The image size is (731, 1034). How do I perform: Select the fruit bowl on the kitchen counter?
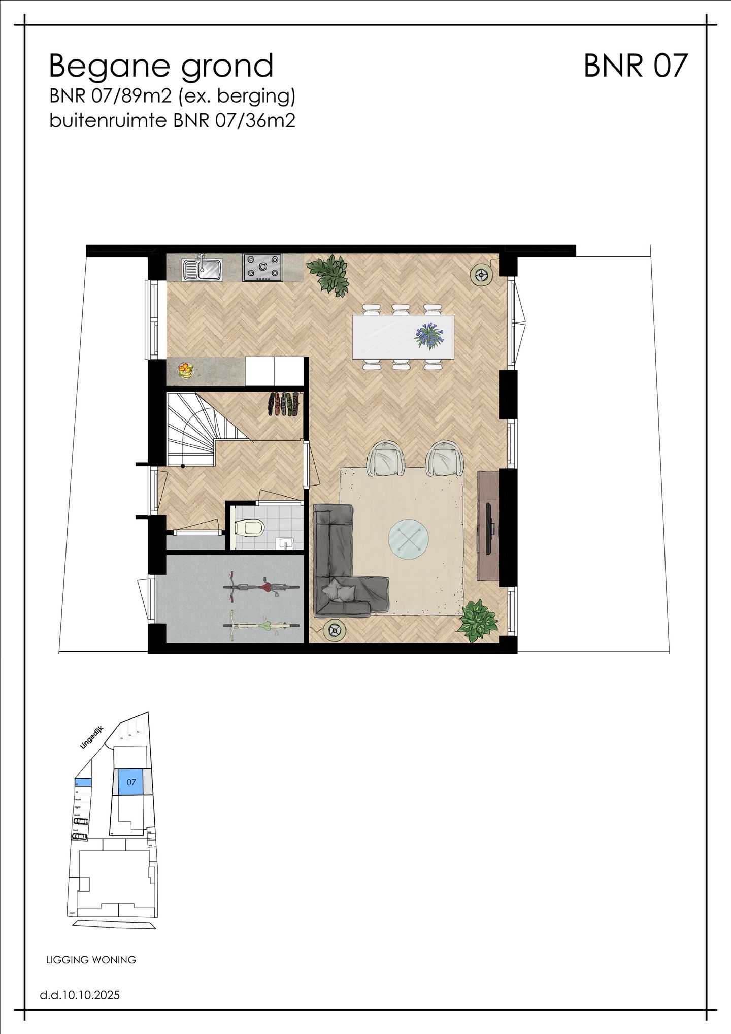coord(186,369)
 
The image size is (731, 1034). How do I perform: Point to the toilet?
coord(250,528)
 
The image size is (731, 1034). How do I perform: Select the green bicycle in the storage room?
coord(261,625)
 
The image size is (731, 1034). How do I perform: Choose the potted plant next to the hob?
coord(329,274)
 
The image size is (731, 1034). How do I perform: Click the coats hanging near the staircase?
coord(283,404)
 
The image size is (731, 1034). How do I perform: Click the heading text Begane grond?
coord(161,66)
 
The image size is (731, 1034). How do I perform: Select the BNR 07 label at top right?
coord(635,66)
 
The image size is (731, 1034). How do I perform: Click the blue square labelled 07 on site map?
coord(131,782)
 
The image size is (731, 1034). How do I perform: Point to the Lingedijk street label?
coord(92,737)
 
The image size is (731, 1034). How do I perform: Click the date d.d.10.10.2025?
coord(80,995)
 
